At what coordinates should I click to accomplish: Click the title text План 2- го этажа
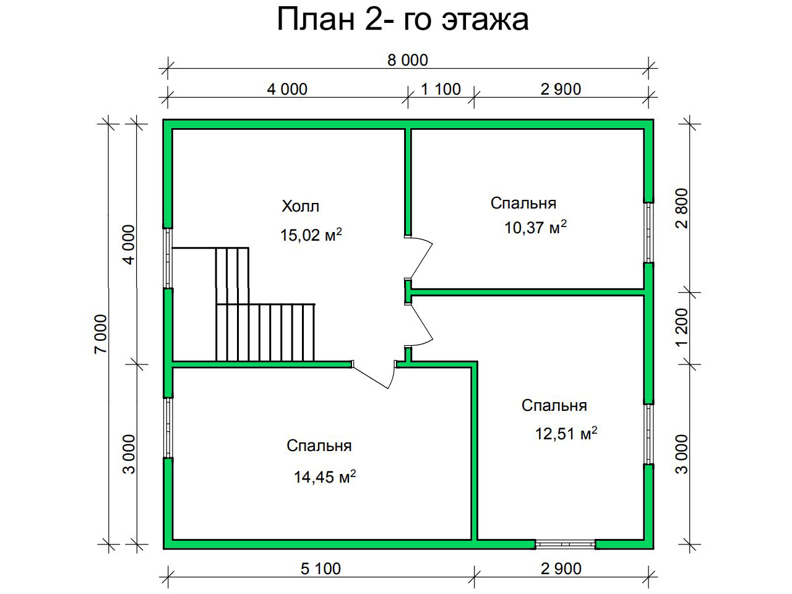403,20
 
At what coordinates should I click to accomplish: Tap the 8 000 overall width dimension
407,60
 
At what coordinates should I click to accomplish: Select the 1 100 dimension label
441,89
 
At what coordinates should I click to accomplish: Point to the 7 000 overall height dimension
101,334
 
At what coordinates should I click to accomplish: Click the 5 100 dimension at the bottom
321,569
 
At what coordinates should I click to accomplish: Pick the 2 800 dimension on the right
682,208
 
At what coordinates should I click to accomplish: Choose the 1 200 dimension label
682,327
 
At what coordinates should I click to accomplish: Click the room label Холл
300,206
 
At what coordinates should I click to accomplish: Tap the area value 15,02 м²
311,235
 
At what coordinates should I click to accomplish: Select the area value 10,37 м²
535,227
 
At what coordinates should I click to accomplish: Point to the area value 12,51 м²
566,434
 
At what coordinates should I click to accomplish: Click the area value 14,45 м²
325,477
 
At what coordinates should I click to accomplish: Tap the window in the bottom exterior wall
565,544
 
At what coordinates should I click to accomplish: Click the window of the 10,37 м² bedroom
649,232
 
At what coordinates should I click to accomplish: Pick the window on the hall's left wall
168,258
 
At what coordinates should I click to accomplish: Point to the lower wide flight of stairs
265,332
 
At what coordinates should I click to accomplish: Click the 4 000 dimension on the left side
129,244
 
